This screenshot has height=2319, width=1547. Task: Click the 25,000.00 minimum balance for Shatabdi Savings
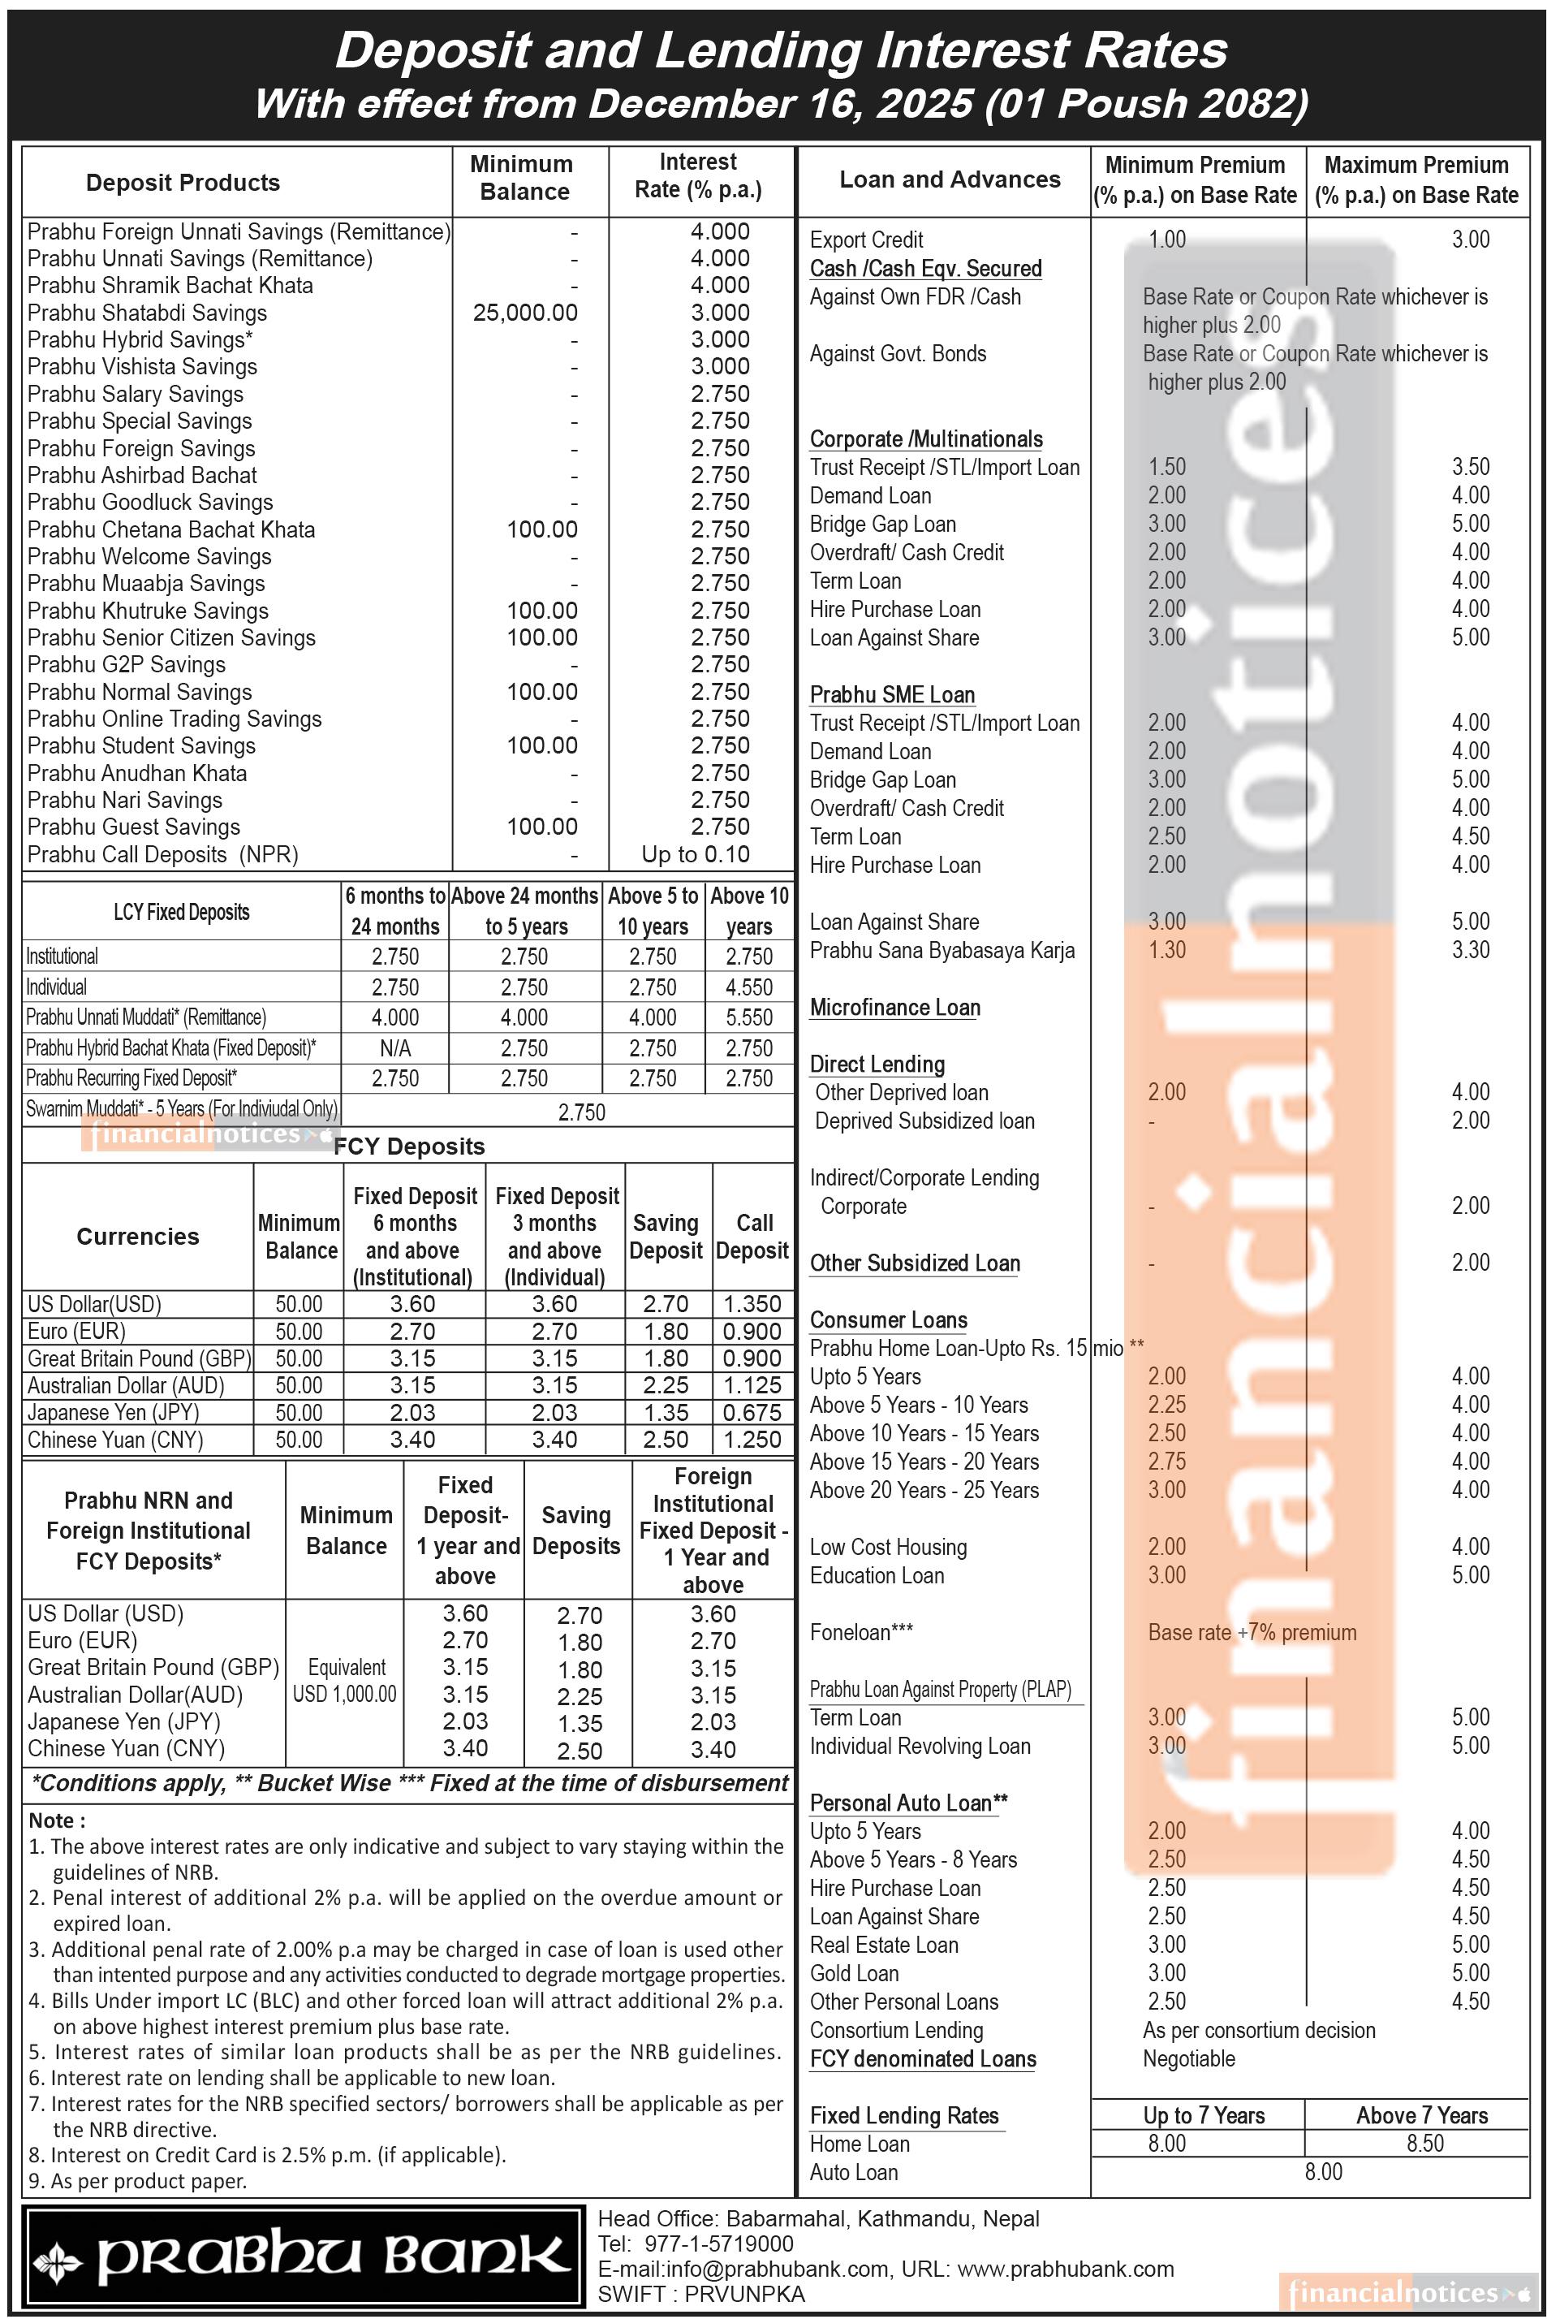tap(525, 313)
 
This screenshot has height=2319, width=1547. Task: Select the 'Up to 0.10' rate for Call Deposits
tap(696, 854)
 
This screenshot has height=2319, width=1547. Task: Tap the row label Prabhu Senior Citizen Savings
tap(172, 637)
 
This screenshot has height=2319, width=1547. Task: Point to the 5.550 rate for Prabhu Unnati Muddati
tap(749, 1017)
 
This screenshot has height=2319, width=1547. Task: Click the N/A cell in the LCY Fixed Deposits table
tap(394, 1048)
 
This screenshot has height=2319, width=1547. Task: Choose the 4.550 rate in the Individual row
tap(749, 987)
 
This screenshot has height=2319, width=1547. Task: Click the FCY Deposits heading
tap(409, 1147)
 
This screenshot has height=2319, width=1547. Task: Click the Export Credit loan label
tap(866, 240)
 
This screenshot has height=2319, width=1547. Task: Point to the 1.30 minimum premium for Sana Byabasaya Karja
tap(1167, 950)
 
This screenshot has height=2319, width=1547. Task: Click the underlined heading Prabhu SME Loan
tap(892, 695)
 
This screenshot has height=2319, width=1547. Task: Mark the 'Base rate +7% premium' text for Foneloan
tap(1252, 1632)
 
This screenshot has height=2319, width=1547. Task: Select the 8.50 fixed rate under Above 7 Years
tap(1424, 2144)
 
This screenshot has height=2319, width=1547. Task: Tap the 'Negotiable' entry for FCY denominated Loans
tap(1189, 2058)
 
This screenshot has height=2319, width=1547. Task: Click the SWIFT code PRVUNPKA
tap(744, 2295)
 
